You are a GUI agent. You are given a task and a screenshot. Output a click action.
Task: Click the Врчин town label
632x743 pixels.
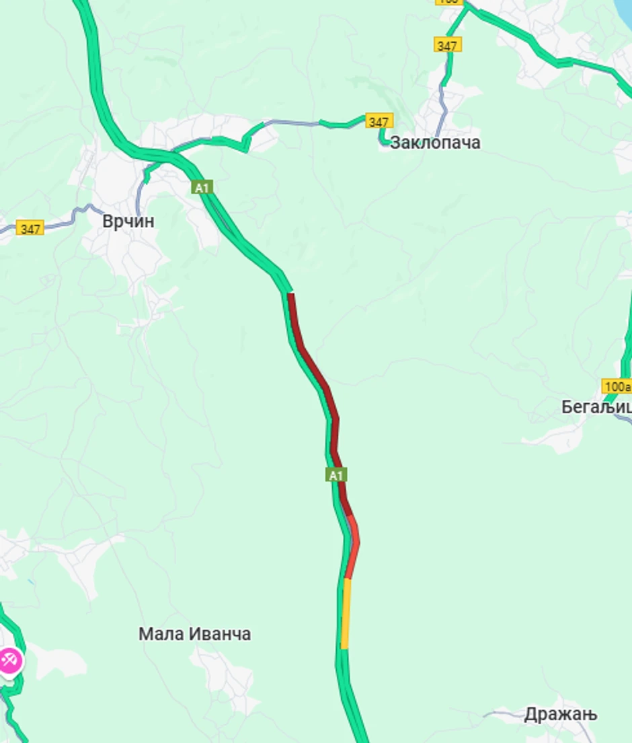point(128,221)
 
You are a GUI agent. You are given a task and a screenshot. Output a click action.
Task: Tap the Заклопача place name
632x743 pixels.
point(435,143)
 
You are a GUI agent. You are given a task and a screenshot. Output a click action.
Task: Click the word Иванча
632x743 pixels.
point(219,634)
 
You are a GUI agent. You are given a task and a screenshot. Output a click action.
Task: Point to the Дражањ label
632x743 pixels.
point(560,714)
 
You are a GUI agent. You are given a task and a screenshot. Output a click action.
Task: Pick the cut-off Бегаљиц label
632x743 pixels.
point(596,407)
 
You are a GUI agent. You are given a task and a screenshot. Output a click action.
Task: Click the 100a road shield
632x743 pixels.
point(617,386)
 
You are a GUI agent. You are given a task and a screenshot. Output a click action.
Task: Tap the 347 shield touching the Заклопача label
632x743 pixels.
point(379,122)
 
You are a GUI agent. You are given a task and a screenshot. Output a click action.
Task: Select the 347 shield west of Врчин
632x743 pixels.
point(30,229)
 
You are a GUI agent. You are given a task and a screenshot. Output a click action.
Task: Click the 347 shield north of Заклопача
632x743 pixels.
point(447,46)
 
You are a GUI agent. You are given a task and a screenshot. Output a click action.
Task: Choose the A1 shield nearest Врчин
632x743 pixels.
point(202,187)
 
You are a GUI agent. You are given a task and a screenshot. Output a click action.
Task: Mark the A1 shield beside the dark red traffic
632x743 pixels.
point(336,475)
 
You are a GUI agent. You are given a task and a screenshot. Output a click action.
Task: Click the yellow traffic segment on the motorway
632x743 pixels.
point(346,612)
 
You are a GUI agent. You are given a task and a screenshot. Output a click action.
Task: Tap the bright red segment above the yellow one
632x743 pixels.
point(353,549)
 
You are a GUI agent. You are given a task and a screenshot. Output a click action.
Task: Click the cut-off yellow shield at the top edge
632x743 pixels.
point(448,2)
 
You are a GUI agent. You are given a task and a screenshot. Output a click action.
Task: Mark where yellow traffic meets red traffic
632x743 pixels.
point(347,579)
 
